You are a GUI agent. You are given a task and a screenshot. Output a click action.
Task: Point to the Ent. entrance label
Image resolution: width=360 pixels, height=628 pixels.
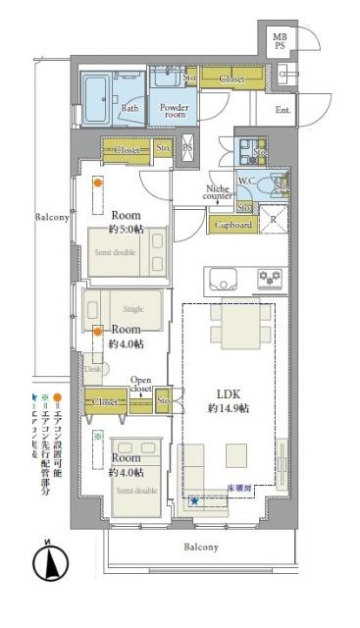coord(283,110)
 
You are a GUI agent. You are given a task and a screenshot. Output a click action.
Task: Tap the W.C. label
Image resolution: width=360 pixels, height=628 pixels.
coord(248,180)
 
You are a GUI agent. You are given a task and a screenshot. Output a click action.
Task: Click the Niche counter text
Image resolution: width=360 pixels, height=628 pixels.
coord(217,193)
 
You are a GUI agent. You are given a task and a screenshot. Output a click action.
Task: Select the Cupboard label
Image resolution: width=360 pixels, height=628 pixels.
coord(231,225)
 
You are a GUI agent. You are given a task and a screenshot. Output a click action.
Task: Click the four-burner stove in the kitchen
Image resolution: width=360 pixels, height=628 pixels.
coord(270,279)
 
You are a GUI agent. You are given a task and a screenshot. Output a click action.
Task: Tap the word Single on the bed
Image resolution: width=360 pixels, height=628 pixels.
coord(132,309)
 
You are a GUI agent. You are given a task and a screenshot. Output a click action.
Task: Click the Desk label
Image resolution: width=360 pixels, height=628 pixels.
coord(92,369)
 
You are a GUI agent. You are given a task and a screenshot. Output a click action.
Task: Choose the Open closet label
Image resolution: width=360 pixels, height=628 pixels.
coord(141,384)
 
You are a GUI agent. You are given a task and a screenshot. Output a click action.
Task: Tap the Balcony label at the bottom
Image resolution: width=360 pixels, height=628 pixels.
coord(199,547)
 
